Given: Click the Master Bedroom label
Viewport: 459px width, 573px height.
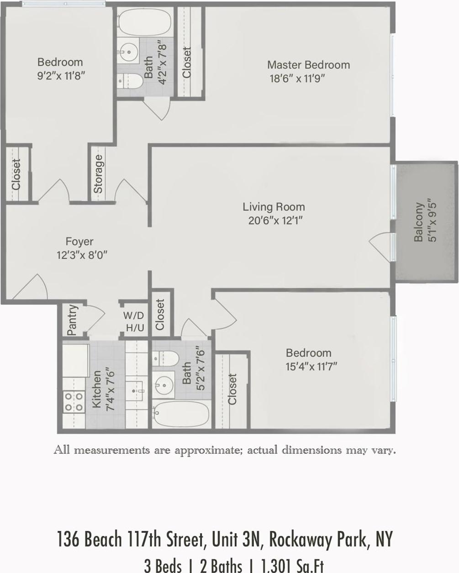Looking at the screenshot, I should point(308,65).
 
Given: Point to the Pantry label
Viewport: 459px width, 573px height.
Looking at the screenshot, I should point(72,320).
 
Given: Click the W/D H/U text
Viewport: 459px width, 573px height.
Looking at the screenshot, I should point(134,321).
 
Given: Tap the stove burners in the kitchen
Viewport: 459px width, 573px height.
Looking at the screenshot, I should point(73,401).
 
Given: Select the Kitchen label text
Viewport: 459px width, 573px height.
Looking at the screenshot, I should point(97,389).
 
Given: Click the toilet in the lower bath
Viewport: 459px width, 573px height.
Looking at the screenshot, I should point(165,358).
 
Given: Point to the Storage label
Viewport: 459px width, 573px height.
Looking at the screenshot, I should point(98,174).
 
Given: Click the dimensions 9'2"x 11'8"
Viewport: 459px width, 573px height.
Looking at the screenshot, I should point(61,75).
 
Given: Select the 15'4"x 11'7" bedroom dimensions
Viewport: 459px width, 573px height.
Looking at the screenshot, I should point(311,366).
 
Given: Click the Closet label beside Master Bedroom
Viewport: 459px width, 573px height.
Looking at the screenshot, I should point(186,63).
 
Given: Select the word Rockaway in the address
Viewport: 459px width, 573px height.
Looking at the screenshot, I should point(301,539).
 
